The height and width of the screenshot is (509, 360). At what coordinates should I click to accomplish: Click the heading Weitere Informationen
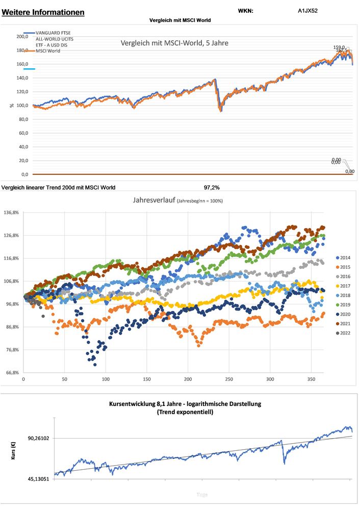click(43, 12)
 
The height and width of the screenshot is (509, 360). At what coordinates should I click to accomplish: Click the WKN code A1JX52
click(308, 10)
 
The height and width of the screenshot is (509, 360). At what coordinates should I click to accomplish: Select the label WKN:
click(245, 10)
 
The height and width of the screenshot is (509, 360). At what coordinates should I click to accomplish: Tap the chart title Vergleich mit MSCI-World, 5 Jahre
click(174, 43)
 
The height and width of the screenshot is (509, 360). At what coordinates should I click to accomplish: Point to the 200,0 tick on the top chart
click(22, 37)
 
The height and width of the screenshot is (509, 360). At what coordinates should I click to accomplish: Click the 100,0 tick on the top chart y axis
click(22, 106)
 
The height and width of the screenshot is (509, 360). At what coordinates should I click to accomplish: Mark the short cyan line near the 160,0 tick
click(29, 68)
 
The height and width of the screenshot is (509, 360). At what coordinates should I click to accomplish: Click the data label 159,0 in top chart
click(339, 47)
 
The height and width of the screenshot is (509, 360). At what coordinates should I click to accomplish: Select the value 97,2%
click(212, 188)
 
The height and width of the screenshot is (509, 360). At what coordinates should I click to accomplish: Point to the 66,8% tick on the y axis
click(12, 372)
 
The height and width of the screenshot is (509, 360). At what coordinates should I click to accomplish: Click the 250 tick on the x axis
click(229, 379)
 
